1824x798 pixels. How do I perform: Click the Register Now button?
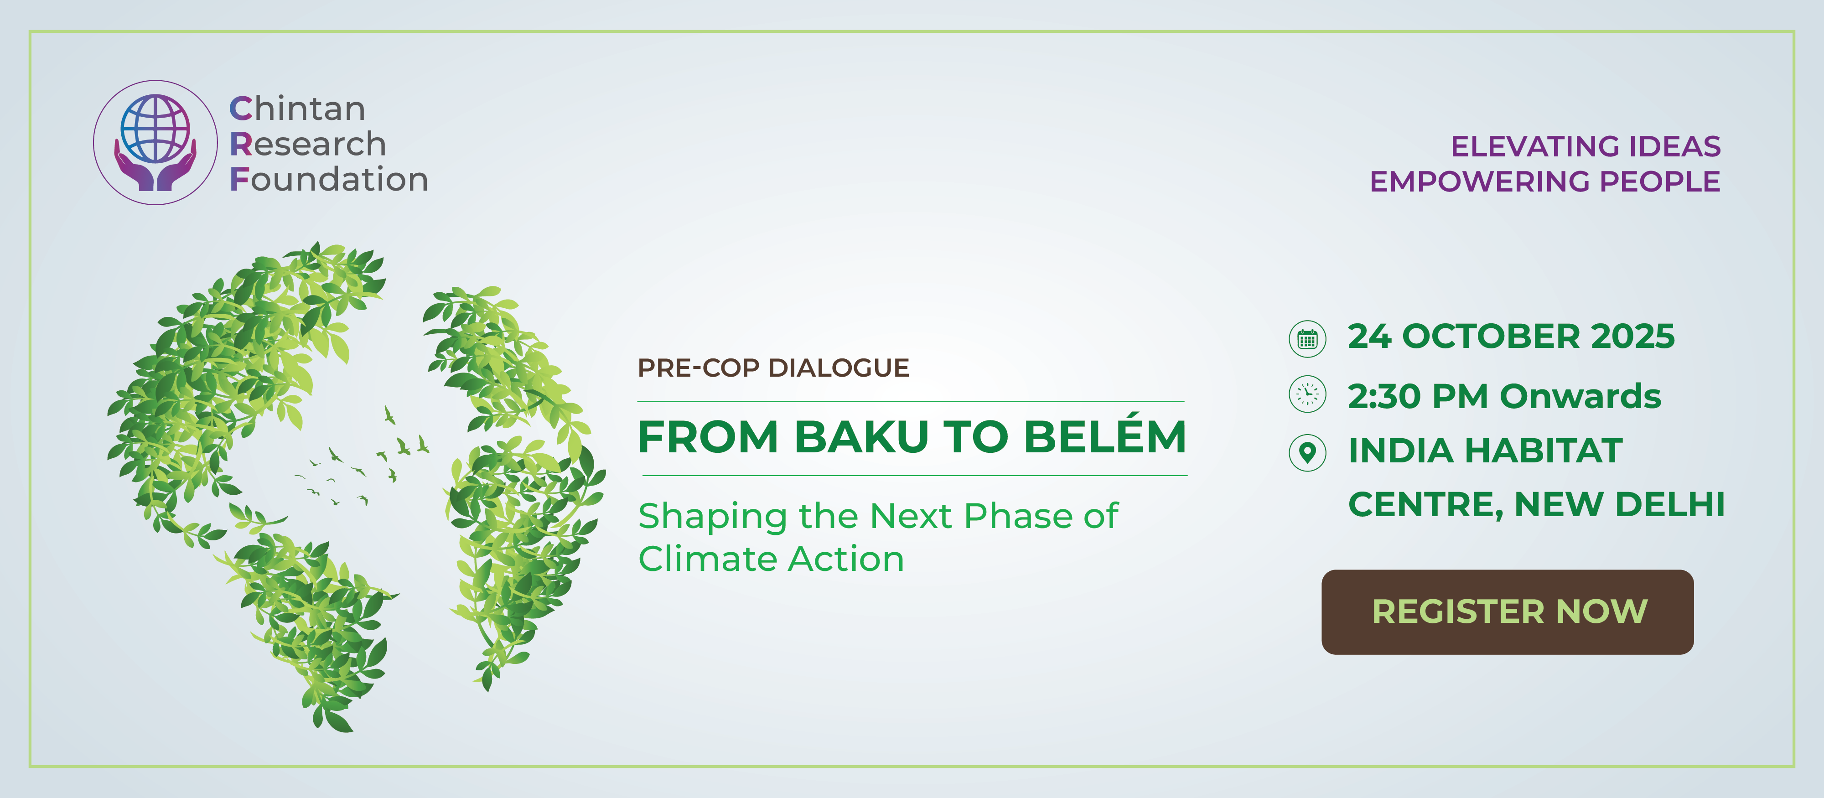coord(1508,612)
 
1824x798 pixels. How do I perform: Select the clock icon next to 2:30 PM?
coord(1307,394)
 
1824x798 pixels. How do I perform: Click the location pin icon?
coord(1307,452)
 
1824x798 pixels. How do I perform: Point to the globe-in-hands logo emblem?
coord(155,142)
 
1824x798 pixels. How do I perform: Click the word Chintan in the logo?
coord(297,109)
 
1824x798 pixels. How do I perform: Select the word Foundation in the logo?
coord(328,180)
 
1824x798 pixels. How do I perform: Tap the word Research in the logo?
coord(308,145)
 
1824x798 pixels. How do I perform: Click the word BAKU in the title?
coord(860,437)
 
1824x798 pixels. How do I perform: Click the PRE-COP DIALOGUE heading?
coord(773,368)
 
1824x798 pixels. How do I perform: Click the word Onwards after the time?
coord(1580,397)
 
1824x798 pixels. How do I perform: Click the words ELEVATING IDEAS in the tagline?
coord(1586,146)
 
